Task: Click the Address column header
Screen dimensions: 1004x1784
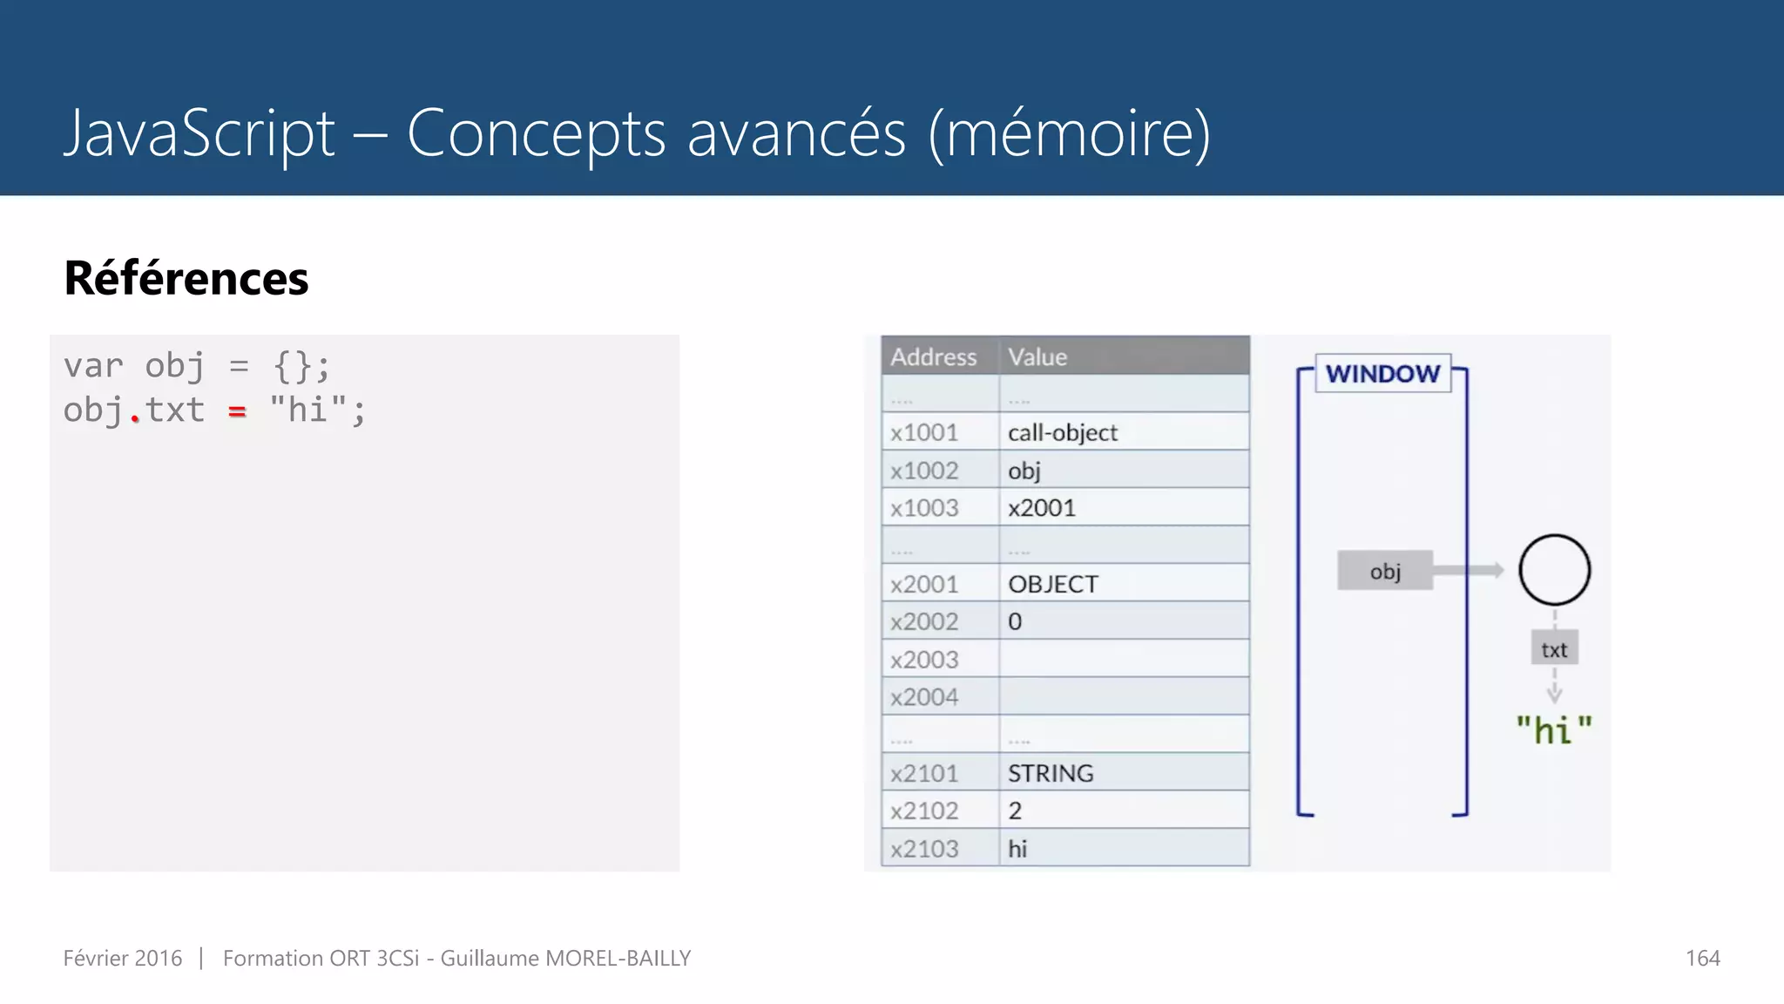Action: (x=933, y=357)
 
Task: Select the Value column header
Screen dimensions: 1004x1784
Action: (x=1037, y=357)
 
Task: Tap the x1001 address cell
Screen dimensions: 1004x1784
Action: (x=924, y=432)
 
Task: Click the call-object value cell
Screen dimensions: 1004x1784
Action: (x=1062, y=432)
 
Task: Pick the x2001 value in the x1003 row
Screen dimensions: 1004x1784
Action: (x=1042, y=508)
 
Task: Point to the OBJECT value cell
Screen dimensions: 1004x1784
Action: (x=1053, y=584)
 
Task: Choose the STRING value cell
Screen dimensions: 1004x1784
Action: (x=1051, y=773)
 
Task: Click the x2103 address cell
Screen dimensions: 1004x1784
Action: (x=924, y=849)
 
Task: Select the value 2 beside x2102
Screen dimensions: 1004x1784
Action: (x=1015, y=811)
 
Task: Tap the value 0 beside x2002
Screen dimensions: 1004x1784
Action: (x=1015, y=622)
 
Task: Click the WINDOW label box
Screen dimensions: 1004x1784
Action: (x=1382, y=374)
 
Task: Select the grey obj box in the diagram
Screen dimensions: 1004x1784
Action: (x=1385, y=571)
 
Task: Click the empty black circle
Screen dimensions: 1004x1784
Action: (x=1554, y=570)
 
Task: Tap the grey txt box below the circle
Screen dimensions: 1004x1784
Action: (x=1554, y=649)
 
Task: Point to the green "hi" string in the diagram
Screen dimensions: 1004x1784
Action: (x=1554, y=730)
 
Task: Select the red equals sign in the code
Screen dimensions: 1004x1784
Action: (x=237, y=410)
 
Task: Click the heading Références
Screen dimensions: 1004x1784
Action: (x=186, y=278)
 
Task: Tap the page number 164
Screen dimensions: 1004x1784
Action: (x=1702, y=958)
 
